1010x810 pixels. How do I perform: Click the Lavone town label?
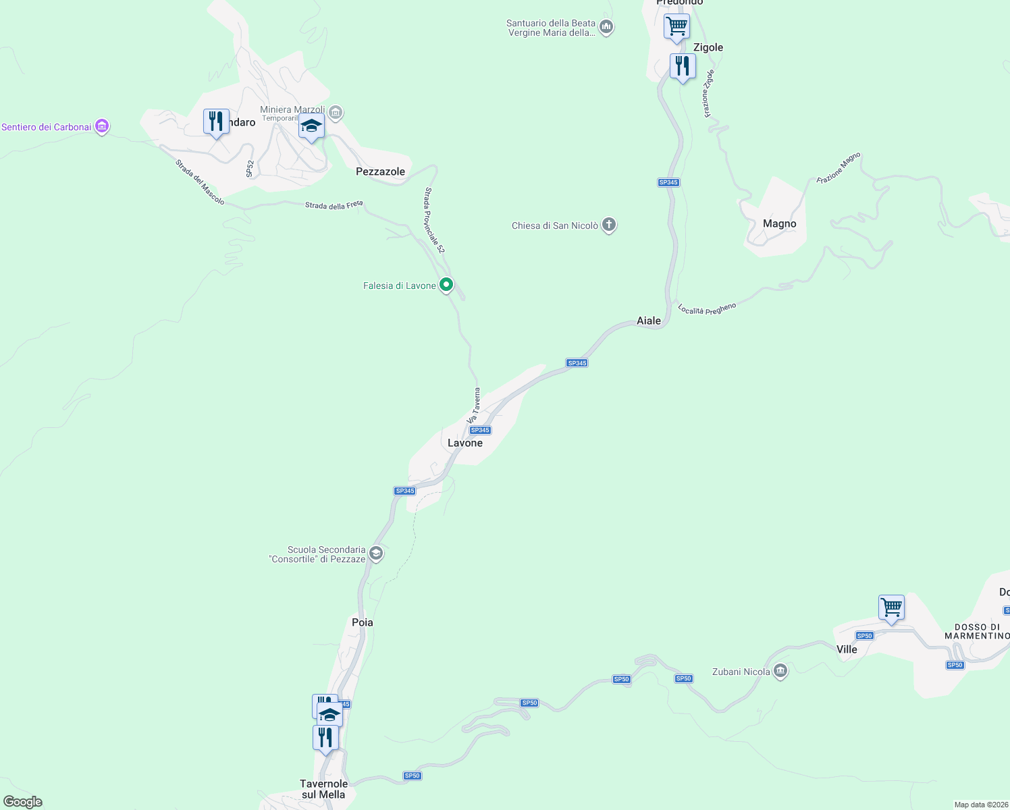[x=465, y=443]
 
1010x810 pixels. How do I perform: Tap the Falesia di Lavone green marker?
[x=446, y=286]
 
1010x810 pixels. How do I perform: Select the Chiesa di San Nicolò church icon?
[x=609, y=225]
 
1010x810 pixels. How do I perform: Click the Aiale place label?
[x=649, y=321]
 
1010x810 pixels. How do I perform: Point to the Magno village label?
[x=780, y=223]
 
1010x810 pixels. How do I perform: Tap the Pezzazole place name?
[x=380, y=171]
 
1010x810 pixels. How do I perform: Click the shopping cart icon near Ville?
[x=891, y=607]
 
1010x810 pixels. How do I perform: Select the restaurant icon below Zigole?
[x=683, y=66]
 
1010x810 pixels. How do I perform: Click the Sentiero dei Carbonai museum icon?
[x=102, y=126]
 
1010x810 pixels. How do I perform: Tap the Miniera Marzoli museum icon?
[x=336, y=112]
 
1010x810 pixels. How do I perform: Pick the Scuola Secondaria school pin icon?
[x=377, y=554]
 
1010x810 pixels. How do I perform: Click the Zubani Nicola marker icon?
[x=780, y=671]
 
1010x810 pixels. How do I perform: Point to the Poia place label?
[x=363, y=622]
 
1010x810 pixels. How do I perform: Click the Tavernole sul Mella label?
[x=323, y=789]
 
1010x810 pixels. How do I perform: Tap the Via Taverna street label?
[x=474, y=406]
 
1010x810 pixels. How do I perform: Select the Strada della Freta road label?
[x=334, y=205]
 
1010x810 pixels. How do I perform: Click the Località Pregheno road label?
[x=707, y=308]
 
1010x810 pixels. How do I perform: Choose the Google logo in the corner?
[x=23, y=802]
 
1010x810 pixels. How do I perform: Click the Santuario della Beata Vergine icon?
[x=606, y=27]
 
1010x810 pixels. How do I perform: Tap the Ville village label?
[x=847, y=649]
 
